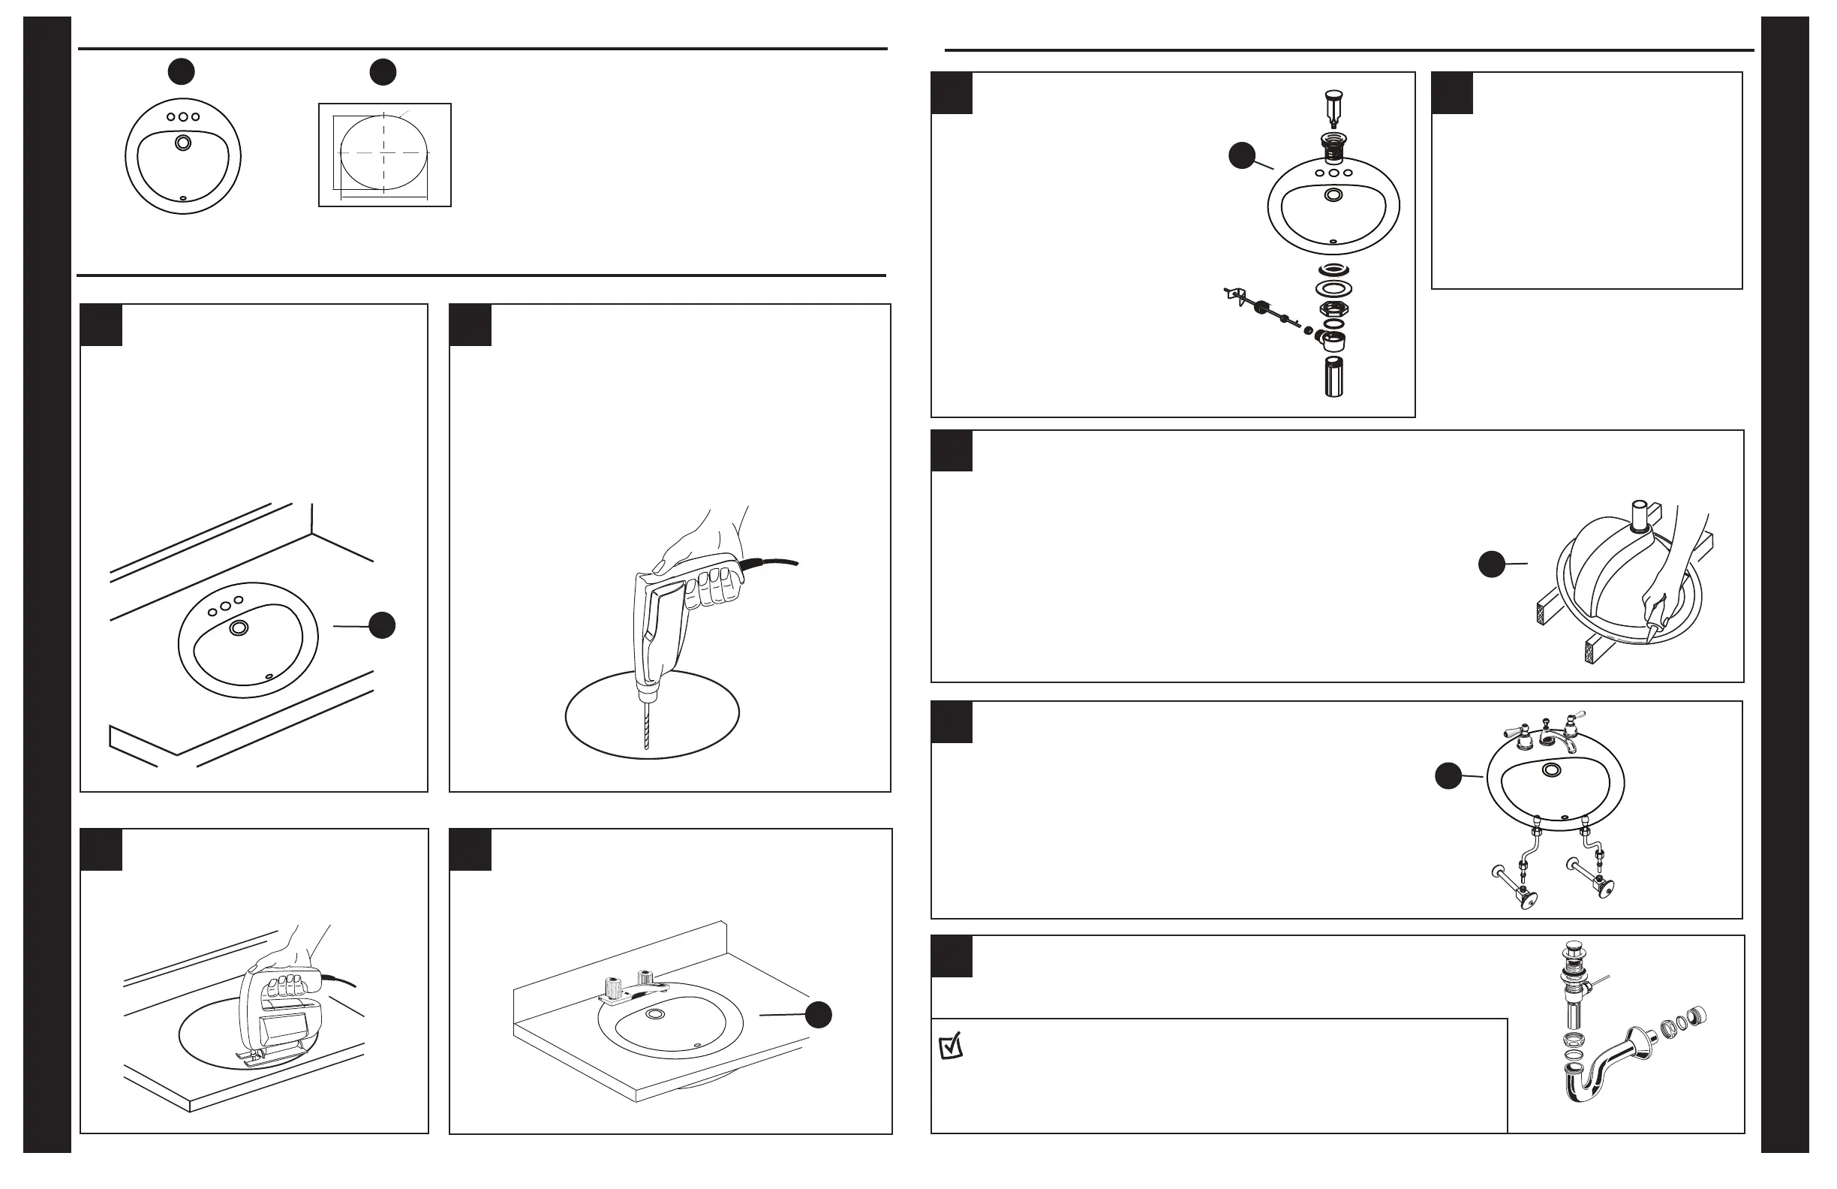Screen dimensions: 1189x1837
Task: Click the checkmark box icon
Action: (951, 1046)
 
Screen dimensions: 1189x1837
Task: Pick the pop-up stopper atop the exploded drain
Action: (1333, 106)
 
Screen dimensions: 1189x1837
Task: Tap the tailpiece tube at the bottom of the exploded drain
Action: (1333, 377)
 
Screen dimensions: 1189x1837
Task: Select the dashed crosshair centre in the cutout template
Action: (383, 153)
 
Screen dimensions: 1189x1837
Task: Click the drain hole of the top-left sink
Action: (183, 143)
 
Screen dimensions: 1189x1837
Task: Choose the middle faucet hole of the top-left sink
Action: (183, 117)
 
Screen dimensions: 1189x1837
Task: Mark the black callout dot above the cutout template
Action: (383, 72)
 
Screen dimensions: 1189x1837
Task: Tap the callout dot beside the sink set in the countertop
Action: (382, 625)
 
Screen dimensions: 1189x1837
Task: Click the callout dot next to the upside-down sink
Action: (1491, 564)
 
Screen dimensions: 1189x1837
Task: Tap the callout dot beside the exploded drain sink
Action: (1241, 155)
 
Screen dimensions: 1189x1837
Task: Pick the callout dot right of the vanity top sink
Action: (818, 1015)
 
